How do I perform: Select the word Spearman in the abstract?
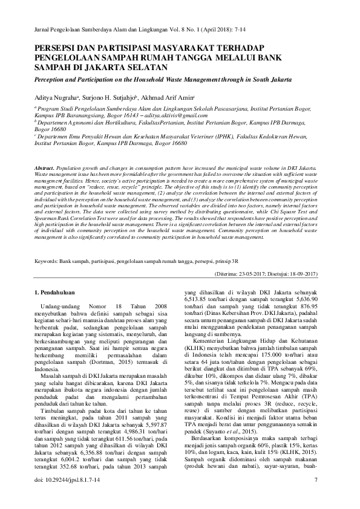click(47, 229)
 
